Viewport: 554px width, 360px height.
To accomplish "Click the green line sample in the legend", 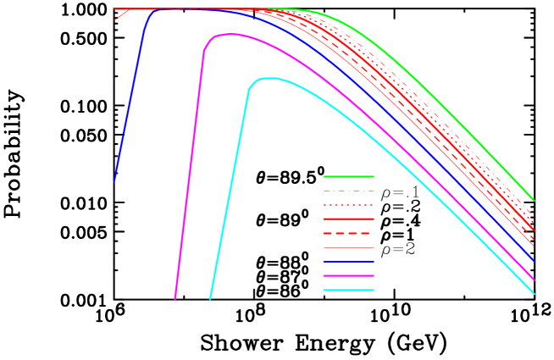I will point(348,177).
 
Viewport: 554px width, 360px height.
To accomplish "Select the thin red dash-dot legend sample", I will point(348,191).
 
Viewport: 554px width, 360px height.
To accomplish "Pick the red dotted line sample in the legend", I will point(348,206).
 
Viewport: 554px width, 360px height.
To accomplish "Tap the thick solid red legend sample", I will point(348,219).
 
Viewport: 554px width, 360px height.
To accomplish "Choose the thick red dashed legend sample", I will point(348,234).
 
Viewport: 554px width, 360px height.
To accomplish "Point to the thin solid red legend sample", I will point(348,248).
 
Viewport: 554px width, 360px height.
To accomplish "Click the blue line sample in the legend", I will point(348,262).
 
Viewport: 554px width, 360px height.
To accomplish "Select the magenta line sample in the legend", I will point(348,276).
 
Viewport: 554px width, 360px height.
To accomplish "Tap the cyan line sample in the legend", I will point(348,291).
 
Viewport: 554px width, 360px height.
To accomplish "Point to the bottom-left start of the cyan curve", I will point(210,298).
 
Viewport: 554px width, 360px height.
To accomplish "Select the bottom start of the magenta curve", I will point(175,298).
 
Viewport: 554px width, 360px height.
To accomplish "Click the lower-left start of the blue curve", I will point(114,180).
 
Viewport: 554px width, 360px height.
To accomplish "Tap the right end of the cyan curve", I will point(534,293).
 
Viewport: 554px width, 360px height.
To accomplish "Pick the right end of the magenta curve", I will point(534,279).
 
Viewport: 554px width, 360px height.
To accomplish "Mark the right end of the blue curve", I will point(534,262).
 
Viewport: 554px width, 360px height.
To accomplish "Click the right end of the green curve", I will point(534,200).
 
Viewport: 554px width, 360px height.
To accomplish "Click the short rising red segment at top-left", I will point(121,14).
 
